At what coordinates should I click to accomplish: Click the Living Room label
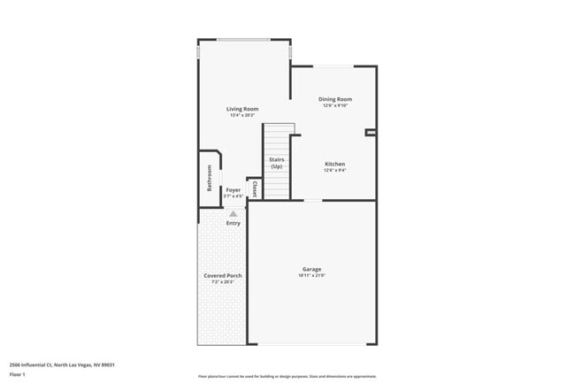point(241,109)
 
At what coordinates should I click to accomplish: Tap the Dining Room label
point(335,99)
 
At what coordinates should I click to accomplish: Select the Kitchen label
point(334,164)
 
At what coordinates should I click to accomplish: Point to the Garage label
point(311,269)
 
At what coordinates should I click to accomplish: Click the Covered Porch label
point(223,275)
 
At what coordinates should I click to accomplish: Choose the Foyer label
point(233,189)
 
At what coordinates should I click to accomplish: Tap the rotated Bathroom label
point(210,179)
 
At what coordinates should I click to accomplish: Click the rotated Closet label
point(255,188)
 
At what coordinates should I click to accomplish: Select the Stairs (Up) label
point(276,163)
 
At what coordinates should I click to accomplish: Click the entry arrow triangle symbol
point(233,213)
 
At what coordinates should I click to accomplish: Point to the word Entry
point(233,223)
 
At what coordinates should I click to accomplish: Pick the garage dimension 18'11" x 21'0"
point(311,276)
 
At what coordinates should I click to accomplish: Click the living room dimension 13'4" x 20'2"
point(241,115)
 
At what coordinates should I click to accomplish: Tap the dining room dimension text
point(335,105)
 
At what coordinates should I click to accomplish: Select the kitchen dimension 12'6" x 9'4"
point(334,171)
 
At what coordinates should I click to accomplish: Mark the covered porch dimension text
point(223,282)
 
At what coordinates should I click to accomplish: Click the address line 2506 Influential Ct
point(62,364)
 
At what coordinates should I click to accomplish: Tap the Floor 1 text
point(19,374)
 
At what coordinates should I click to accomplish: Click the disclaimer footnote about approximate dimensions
point(286,376)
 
